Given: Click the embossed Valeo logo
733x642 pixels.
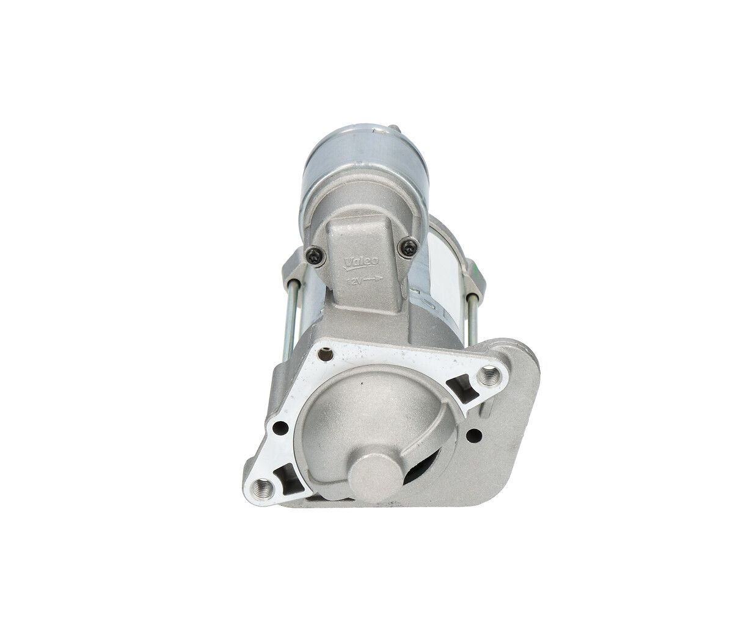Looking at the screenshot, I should tap(361, 261).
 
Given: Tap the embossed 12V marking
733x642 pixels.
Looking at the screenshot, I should tap(354, 281).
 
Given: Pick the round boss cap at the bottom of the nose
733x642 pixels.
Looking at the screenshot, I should tap(372, 469).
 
